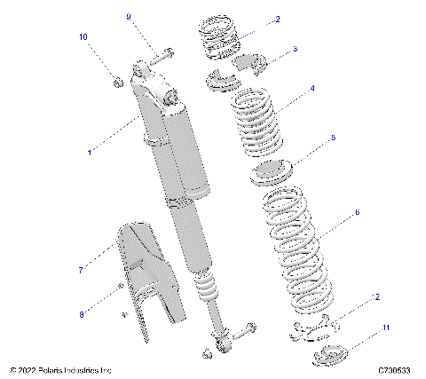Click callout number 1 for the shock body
click(x=90, y=154)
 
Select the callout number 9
click(x=128, y=17)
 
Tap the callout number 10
click(x=84, y=37)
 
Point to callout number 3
click(x=295, y=50)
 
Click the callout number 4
click(x=312, y=89)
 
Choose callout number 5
click(x=333, y=138)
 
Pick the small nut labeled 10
click(x=116, y=83)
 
